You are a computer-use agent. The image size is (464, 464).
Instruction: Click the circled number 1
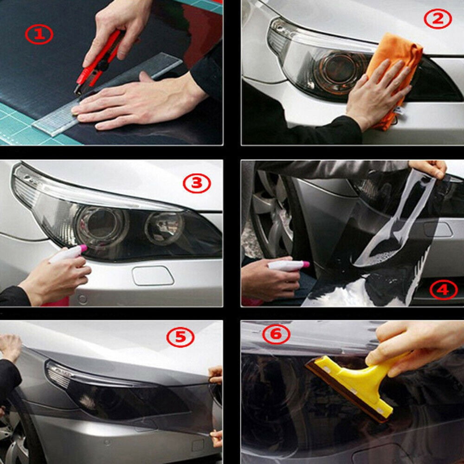click(x=39, y=34)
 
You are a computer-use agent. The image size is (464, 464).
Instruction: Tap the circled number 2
click(x=438, y=19)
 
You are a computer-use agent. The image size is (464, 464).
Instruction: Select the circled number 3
click(x=197, y=184)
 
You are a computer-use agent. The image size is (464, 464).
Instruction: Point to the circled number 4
click(x=443, y=290)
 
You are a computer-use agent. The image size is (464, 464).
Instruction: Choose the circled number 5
click(x=180, y=338)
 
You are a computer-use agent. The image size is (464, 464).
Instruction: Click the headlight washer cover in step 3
click(x=153, y=275)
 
